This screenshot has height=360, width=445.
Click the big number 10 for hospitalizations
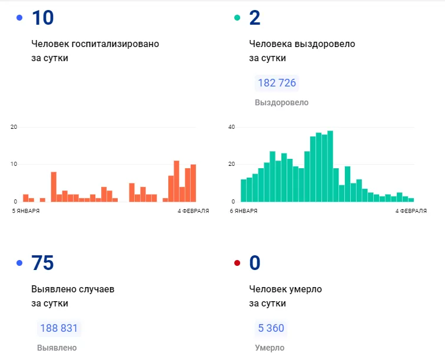coord(43,18)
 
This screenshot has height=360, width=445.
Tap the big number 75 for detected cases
coord(42,263)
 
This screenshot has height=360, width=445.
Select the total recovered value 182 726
coord(277,83)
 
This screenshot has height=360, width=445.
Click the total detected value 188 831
coord(59,328)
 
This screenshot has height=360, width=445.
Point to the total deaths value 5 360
coord(271,328)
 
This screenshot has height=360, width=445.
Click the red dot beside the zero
coord(237,263)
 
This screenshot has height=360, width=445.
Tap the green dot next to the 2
coord(237,18)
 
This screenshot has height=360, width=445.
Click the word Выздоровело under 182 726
coord(281,102)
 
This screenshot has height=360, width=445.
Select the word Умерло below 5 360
coord(270,348)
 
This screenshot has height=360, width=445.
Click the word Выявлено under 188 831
coord(57,348)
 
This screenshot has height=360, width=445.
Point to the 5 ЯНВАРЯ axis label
coord(26,211)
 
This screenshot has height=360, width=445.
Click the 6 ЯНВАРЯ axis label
coord(244,211)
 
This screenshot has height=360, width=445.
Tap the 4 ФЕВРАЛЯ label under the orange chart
coord(193,211)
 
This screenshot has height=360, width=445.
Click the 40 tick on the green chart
coord(231,127)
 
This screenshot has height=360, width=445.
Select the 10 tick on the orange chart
coord(14,164)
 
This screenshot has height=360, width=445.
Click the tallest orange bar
coord(177,181)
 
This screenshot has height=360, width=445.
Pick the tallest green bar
coord(330,166)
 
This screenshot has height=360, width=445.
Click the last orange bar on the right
coord(193,183)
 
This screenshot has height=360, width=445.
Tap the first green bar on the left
coord(244,191)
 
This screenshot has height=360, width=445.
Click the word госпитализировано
coord(115,44)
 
